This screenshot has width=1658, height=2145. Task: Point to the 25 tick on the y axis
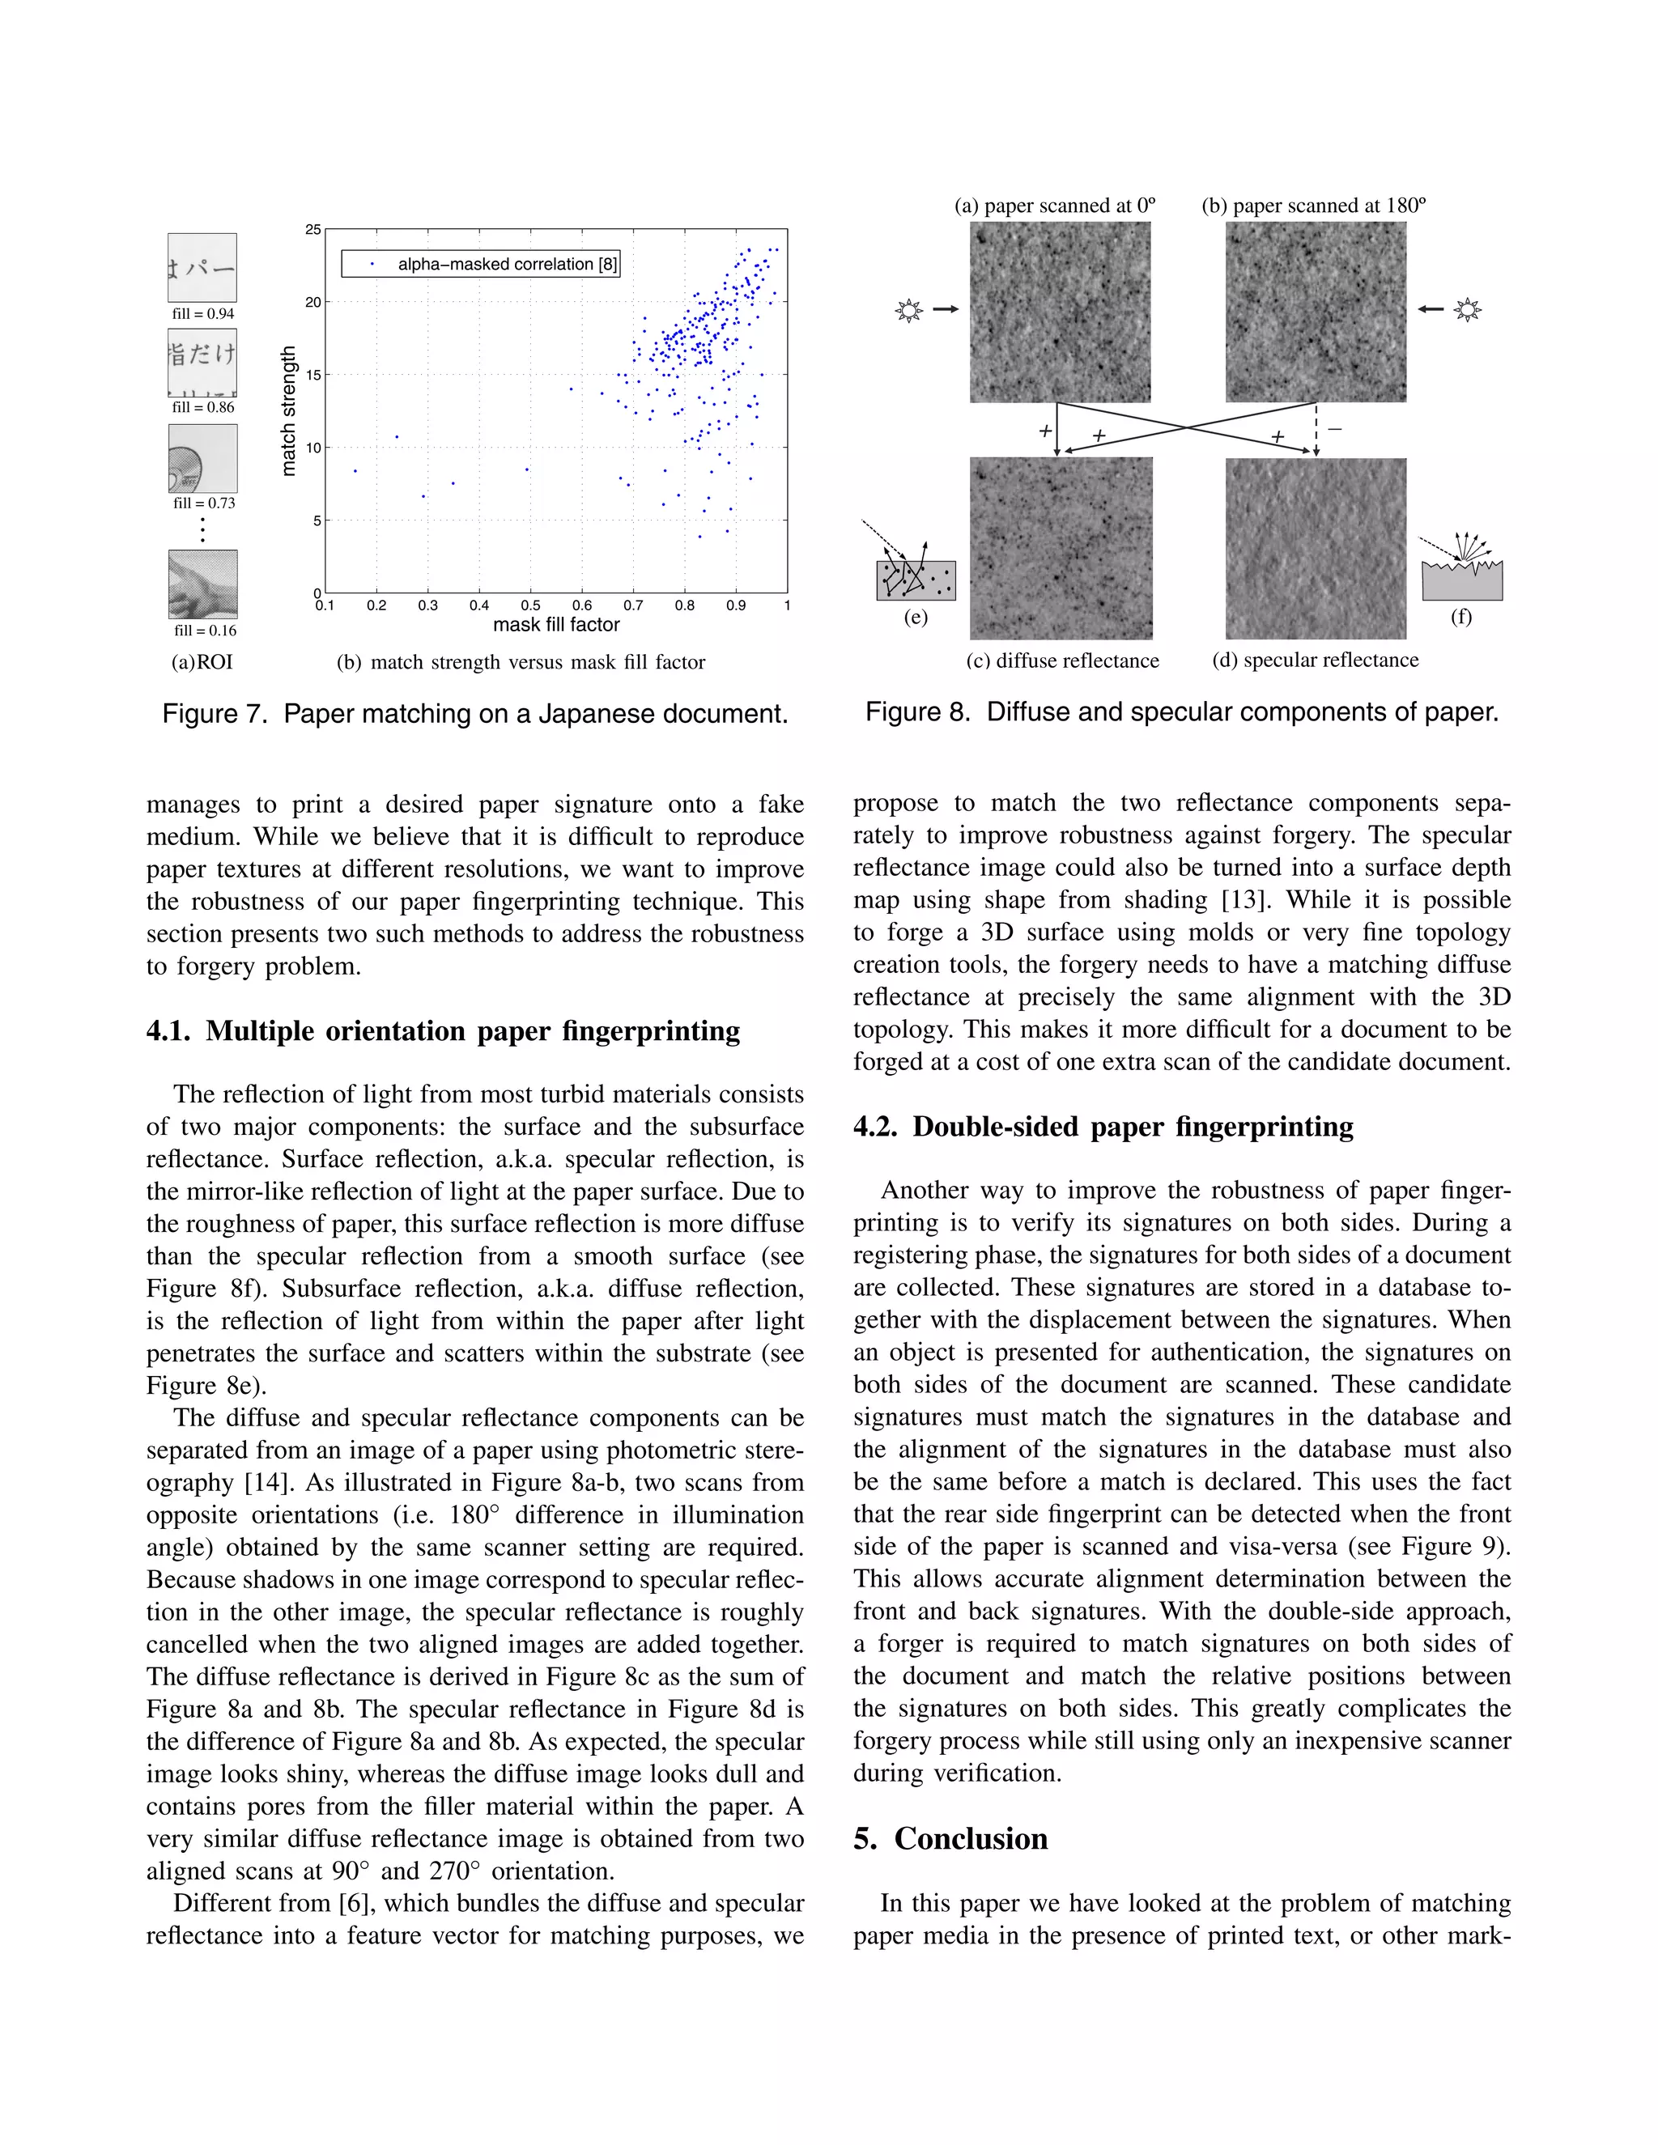(312, 230)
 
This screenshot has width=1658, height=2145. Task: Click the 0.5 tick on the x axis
(529, 606)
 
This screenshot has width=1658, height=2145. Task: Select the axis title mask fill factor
(556, 625)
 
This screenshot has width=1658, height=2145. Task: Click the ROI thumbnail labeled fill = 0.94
(202, 267)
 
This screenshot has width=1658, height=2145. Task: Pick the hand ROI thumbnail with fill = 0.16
(202, 584)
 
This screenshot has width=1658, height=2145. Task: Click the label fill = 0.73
(204, 503)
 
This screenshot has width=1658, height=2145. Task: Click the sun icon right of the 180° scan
(1468, 310)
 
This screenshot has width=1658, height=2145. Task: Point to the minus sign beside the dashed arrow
(1335, 429)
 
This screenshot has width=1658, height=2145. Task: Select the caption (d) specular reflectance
(1316, 660)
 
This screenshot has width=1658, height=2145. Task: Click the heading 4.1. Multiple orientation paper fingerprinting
(443, 1031)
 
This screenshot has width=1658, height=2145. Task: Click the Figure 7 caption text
(475, 714)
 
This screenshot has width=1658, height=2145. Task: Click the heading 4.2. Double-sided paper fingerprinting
(1103, 1127)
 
